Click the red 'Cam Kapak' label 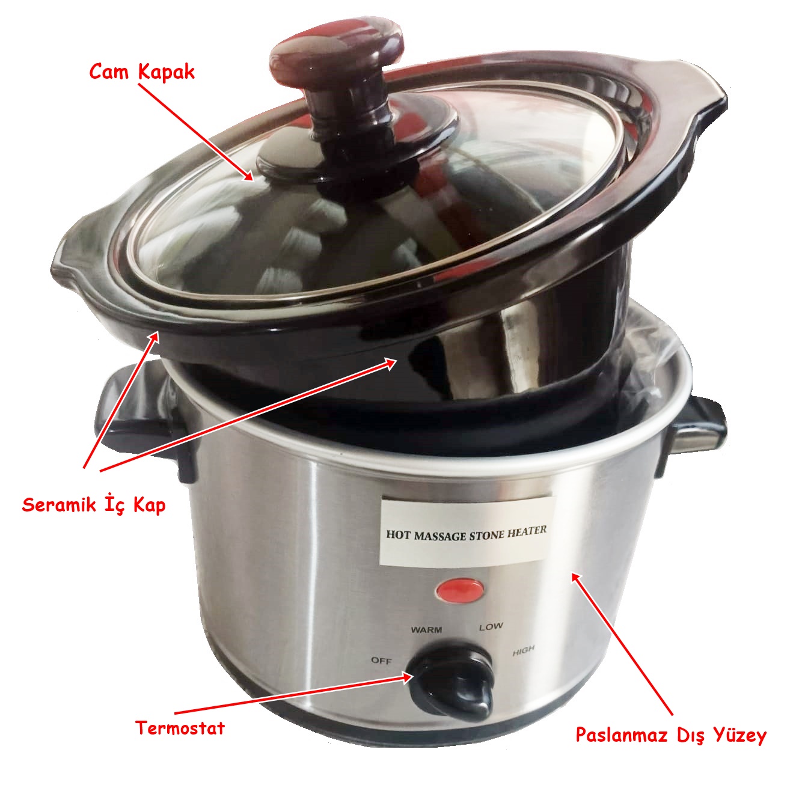[142, 72]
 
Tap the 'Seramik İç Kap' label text [94, 505]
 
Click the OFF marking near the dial [381, 661]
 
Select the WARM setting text [426, 630]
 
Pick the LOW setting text [491, 627]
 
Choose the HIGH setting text [523, 651]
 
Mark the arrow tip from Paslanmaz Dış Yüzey [571, 573]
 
